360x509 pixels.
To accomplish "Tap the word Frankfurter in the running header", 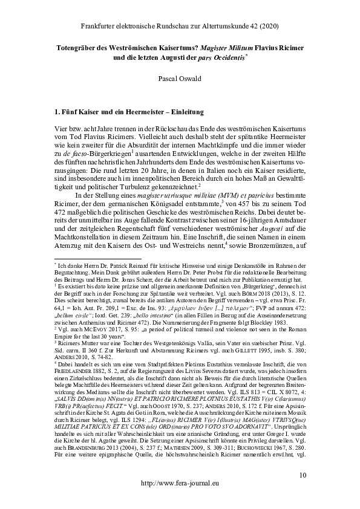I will [99, 26].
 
